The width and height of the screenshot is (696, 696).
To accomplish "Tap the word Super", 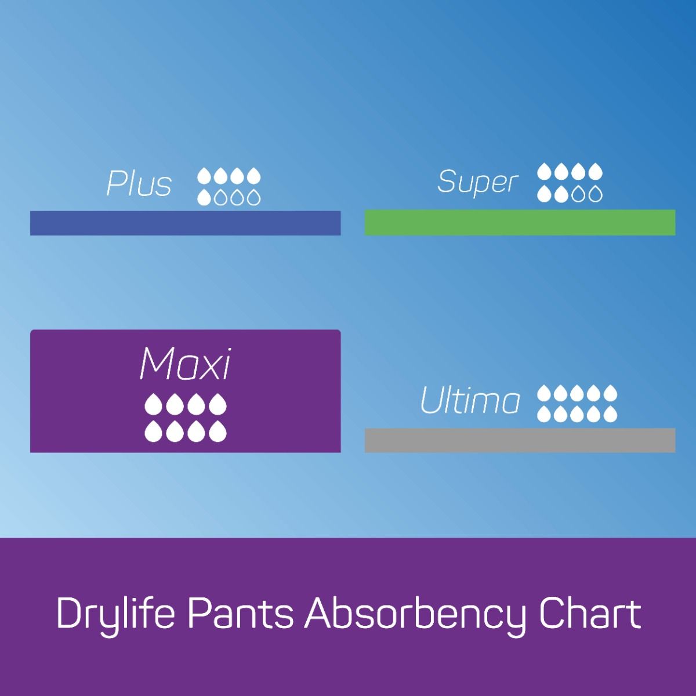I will [477, 182].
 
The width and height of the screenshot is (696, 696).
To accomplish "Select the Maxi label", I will [185, 365].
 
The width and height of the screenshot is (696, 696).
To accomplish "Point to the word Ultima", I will [470, 401].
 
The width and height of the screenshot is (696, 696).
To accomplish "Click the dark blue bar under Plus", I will [185, 223].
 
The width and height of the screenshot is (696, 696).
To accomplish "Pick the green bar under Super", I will [520, 223].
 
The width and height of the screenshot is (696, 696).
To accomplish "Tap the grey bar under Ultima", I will [520, 440].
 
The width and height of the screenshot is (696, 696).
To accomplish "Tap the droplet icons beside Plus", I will [229, 187].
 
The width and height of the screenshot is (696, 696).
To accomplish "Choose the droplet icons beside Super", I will [570, 183].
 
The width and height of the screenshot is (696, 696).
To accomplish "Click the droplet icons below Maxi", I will [185, 417].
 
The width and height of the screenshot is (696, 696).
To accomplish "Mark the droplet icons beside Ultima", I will [577, 404].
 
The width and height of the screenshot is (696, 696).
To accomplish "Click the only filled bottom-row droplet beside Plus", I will [204, 198].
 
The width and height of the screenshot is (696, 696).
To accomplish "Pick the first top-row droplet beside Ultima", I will [544, 394].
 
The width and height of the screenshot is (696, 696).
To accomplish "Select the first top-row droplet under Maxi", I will [153, 404].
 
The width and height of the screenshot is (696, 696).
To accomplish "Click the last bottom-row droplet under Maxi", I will [217, 431].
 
